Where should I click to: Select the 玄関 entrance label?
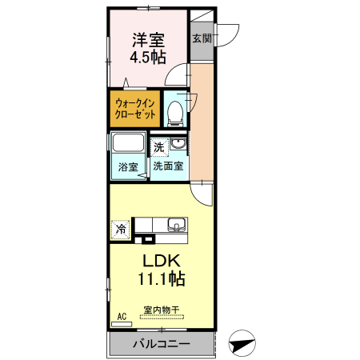coord(201,38)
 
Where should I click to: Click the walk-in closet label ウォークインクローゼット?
coord(134,109)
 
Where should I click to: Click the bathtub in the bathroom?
coord(128,148)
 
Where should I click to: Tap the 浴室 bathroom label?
coord(128,167)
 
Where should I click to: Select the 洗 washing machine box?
coord(159,147)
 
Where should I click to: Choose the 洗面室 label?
coord(168,167)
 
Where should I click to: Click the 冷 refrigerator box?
coord(121,230)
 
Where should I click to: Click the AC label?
coord(122,317)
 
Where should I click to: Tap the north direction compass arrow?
coord(242,344)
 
